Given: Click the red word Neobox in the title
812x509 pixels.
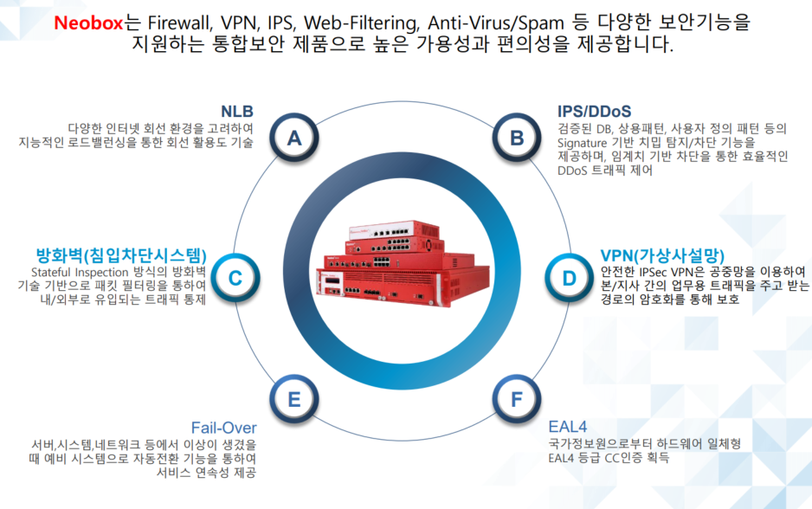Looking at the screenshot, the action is pos(88,23).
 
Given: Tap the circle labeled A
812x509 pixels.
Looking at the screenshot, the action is pos(294,138).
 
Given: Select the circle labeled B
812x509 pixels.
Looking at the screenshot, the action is pos(516,138).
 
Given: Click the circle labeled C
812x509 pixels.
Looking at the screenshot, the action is pos(235,278).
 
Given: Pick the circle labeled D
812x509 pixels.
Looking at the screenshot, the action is pos(569,278).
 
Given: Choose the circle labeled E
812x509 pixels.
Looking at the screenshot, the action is pos(294,399).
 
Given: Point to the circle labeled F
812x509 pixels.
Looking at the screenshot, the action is pos(516,399).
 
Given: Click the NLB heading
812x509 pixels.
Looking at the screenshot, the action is pos(237,112).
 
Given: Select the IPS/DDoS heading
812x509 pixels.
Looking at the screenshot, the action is pos(595,112).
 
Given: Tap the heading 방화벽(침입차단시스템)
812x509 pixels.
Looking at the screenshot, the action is pos(121,255).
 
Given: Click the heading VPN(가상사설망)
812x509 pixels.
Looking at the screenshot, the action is pos(662,255).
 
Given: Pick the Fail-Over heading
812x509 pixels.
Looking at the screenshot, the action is pos(223,428).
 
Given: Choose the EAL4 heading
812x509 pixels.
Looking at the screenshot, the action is pos(568,427).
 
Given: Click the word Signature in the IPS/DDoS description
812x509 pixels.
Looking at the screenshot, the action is pos(582,143).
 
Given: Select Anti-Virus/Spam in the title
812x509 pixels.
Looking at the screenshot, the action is pos(495,23).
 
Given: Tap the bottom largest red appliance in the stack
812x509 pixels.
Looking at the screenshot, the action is pos(403,285).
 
